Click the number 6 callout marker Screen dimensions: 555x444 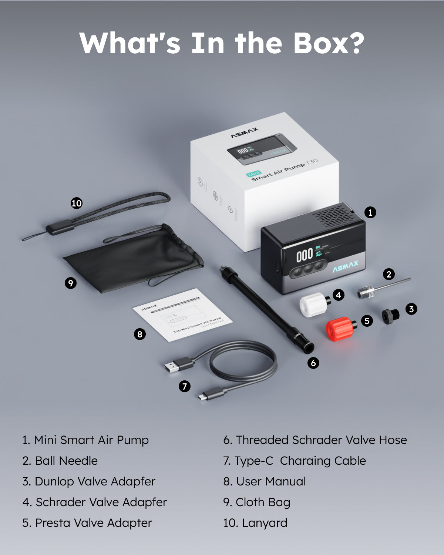point(313,363)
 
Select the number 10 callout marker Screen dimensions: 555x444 point(77,203)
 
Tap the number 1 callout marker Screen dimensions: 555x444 point(370,212)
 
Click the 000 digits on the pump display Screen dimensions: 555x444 point(305,255)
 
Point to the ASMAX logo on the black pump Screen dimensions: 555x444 point(345,266)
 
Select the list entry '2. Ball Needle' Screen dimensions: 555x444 point(60,461)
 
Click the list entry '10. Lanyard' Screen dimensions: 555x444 point(255,523)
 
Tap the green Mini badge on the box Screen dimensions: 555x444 point(254,174)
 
